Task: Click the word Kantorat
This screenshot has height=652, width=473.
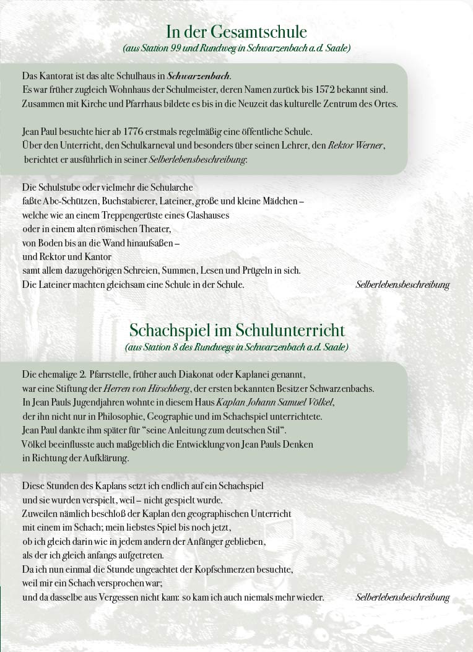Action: click(x=54, y=76)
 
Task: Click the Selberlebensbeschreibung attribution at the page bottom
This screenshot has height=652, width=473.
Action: click(x=402, y=598)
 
